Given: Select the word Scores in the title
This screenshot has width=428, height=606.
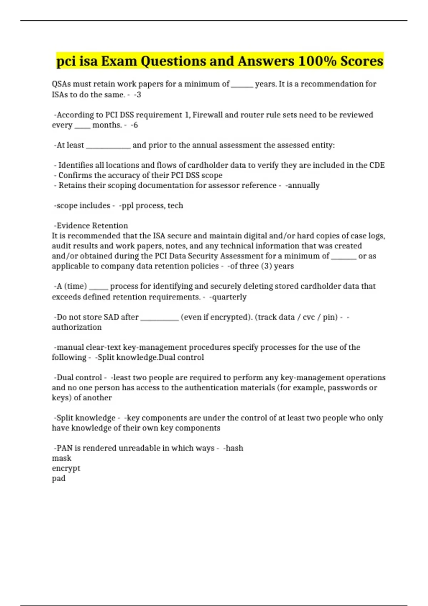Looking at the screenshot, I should (362, 61).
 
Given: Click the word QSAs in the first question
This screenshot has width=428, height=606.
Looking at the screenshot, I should (61, 84).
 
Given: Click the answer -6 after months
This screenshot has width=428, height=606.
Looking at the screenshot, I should (134, 125).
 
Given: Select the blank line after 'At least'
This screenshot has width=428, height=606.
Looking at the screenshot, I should (108, 146).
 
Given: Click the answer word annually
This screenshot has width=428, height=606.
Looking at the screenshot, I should (303, 185).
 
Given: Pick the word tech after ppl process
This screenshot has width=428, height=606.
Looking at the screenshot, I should (175, 206).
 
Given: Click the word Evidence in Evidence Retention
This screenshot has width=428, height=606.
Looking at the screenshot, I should (73, 226).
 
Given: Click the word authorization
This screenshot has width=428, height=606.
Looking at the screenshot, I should (77, 327).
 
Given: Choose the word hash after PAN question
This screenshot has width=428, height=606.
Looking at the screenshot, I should (234, 448).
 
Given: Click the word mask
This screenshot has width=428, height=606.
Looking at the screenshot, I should (61, 458).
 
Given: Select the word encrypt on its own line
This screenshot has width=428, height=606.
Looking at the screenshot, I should (66, 468).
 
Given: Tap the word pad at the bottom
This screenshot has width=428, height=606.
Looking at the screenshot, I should (58, 478).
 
